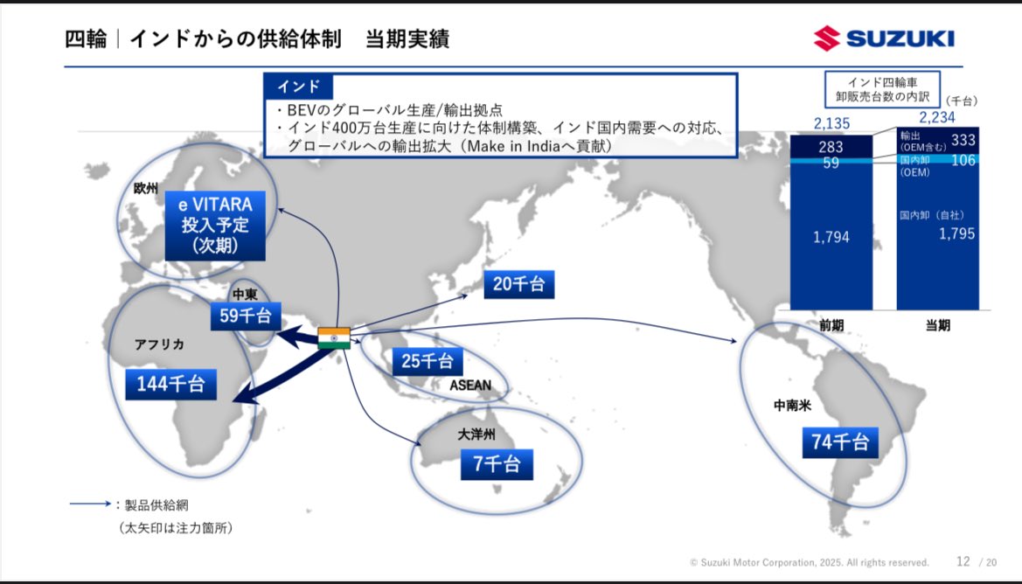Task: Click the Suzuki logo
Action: (x=884, y=38)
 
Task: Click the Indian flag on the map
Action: (x=334, y=337)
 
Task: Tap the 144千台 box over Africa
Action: (x=170, y=384)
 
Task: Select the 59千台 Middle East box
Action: (x=246, y=316)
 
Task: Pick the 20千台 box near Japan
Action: (x=518, y=284)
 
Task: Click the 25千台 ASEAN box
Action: (x=427, y=361)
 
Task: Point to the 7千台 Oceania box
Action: (x=497, y=464)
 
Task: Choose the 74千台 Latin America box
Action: (x=840, y=442)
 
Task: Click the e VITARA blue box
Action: (x=215, y=226)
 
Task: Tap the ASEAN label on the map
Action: (x=470, y=386)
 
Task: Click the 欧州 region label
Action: (x=146, y=188)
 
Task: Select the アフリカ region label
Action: (x=160, y=344)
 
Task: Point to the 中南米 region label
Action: (x=793, y=406)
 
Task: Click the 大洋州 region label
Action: (x=476, y=435)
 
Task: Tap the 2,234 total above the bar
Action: (x=937, y=117)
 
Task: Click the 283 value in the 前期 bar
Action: (x=831, y=147)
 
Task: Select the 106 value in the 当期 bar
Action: (x=963, y=160)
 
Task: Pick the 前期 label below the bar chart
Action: (x=831, y=325)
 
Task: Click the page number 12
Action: (x=963, y=561)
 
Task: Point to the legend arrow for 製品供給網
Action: (x=91, y=504)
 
